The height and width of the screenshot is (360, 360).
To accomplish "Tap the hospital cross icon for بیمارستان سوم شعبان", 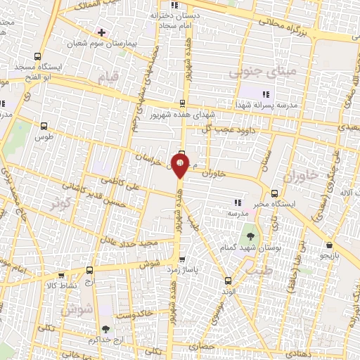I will coord(102,32).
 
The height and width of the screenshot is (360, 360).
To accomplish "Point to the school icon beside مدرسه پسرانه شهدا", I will coord(266,94).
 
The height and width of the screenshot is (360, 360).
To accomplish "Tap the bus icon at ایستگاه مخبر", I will coord(275,192).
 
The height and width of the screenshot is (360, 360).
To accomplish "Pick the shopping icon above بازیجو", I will coord(329,245).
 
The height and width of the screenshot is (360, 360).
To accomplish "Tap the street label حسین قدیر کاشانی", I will coord(91,195).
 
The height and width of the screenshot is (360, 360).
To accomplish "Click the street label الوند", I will coord(226,290).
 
